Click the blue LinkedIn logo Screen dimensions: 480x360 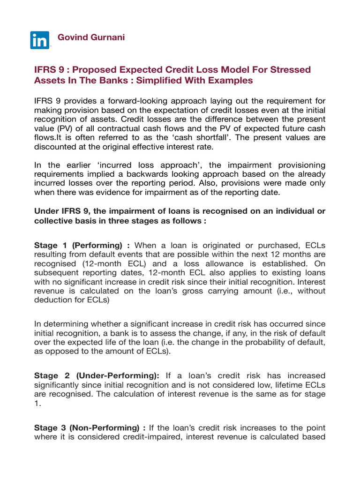[x=40, y=40]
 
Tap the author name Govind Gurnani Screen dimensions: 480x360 [x=91, y=37]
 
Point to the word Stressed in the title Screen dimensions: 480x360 [x=291, y=69]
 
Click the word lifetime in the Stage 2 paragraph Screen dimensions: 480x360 [x=292, y=385]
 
